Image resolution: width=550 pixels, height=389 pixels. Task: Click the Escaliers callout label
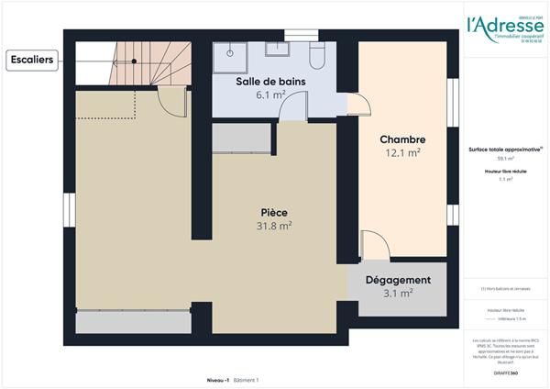[32, 61]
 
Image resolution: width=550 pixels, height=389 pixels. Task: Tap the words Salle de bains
[270, 82]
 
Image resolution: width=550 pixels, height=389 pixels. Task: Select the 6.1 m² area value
[270, 94]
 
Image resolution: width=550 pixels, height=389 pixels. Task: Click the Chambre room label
[401, 139]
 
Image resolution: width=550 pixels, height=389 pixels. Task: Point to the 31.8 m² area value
[274, 225]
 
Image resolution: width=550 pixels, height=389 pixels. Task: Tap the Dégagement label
[398, 280]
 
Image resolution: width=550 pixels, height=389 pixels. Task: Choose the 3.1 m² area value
[398, 294]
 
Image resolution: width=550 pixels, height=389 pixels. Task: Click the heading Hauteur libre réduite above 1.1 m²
[505, 172]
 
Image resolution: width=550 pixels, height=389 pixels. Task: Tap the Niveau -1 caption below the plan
[218, 379]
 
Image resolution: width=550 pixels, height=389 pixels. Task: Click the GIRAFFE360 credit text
[505, 362]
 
